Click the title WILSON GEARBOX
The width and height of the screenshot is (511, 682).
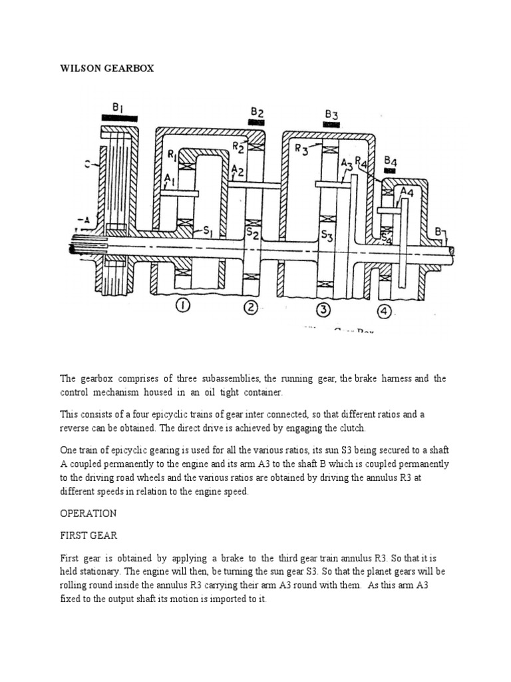(x=106, y=69)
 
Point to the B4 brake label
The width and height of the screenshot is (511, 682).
(x=391, y=161)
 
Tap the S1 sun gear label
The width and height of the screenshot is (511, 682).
(x=208, y=231)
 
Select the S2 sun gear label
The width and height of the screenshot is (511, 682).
(x=251, y=232)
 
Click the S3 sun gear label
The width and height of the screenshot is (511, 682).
(x=326, y=234)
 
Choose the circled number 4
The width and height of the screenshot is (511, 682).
(x=385, y=310)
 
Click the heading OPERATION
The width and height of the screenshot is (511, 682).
(x=88, y=513)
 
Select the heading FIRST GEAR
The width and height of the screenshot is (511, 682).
(x=87, y=536)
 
